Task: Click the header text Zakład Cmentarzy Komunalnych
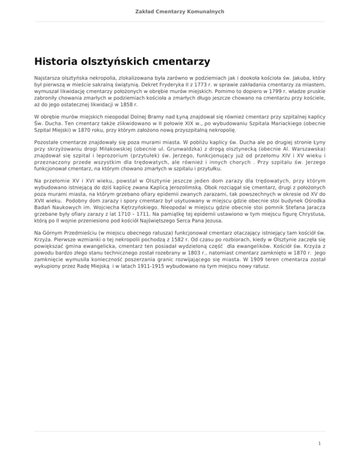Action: coord(180,11)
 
